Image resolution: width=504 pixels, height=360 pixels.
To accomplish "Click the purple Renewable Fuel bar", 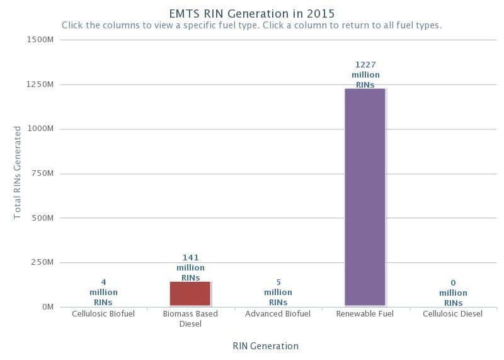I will (365, 197).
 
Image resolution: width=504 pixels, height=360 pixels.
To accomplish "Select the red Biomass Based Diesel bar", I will (190, 294).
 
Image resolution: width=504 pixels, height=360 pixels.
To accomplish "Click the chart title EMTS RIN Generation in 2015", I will (252, 13).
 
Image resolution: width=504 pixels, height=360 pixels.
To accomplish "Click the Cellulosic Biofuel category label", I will (103, 314).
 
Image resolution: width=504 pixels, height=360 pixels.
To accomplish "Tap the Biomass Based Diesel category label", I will (190, 319).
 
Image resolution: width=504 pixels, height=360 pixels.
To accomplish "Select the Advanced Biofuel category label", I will (278, 314).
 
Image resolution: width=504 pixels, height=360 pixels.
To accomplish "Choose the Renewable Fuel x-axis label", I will (365, 314).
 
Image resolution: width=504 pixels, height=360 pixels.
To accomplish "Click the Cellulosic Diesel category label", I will (452, 314).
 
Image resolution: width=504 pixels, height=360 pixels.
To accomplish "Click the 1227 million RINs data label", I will (365, 75).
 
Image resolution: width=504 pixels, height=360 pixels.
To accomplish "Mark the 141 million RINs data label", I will (190, 268).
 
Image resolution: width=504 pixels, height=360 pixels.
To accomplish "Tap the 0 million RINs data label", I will (453, 293).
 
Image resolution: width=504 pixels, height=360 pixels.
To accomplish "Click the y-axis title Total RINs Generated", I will (18, 173).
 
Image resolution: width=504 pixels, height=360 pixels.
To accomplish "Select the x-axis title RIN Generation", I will (265, 346).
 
